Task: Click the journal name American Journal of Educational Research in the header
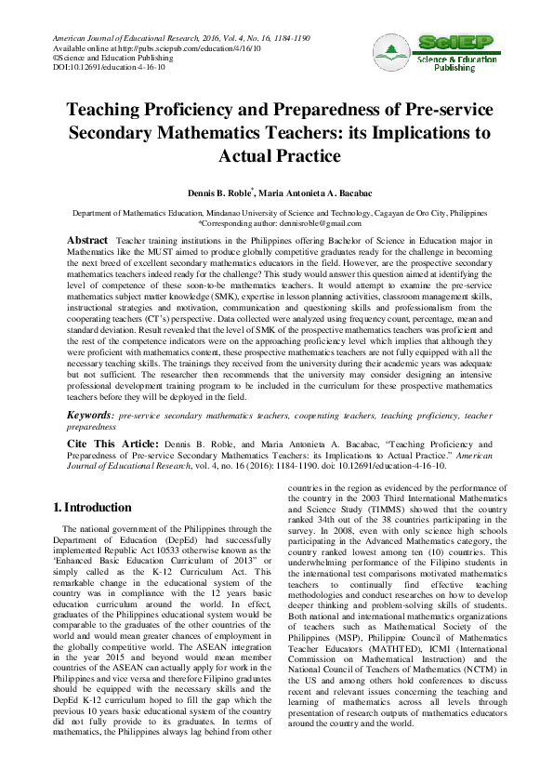[x=118, y=38]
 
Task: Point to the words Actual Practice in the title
[x=278, y=154]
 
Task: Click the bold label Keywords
[x=93, y=413]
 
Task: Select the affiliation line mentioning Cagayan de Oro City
[x=276, y=214]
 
